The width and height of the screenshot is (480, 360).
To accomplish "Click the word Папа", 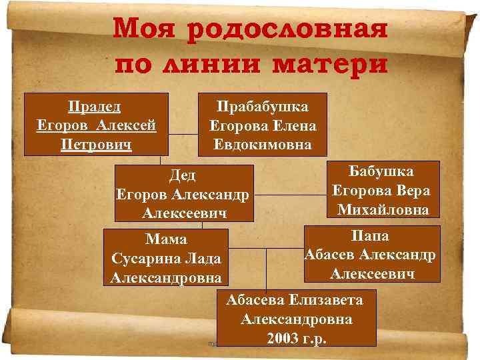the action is click(372, 236).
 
